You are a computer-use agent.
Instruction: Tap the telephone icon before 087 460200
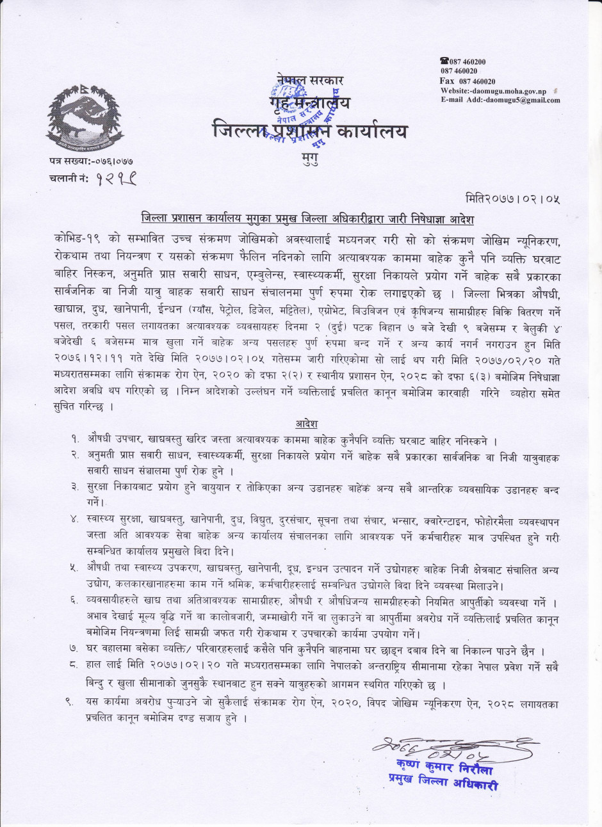pos(443,61)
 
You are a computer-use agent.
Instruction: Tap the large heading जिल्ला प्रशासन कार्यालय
pos(310,131)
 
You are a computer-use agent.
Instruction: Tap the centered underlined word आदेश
pos(307,424)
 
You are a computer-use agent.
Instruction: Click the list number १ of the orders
pos(76,441)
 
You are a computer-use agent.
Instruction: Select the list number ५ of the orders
pos(75,568)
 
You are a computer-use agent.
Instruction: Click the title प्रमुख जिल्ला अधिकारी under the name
pos(443,782)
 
